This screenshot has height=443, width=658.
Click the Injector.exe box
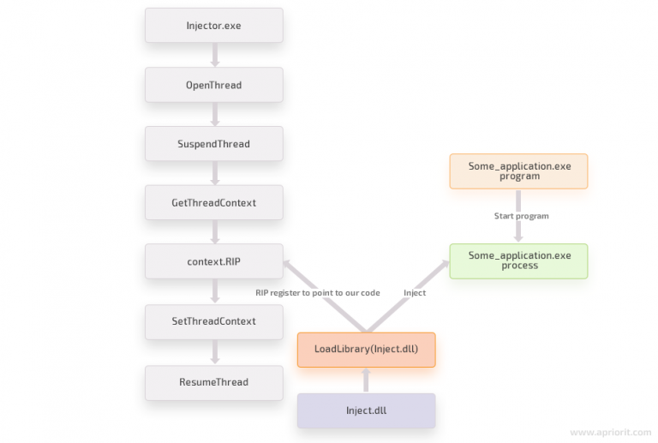click(x=213, y=26)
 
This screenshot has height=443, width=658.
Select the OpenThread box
click(x=213, y=85)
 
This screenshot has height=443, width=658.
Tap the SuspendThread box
click(x=213, y=144)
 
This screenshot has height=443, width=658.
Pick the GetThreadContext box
click(x=213, y=202)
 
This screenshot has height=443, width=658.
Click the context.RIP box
click(x=213, y=261)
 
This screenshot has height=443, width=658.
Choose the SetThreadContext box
click(x=213, y=321)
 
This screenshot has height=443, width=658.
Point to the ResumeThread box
click(x=213, y=382)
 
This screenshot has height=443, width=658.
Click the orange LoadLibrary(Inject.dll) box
click(x=366, y=350)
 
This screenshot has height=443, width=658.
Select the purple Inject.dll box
click(x=366, y=410)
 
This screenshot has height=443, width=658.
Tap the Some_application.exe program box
click(x=518, y=171)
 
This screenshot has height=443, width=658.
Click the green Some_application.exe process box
click(x=518, y=260)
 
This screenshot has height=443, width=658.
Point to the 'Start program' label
click(x=521, y=216)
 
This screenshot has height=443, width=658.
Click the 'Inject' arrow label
click(x=415, y=293)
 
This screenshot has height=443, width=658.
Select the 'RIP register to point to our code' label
click(x=317, y=293)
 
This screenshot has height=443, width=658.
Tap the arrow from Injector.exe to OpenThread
click(x=214, y=55)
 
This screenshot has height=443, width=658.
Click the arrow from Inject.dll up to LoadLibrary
click(x=366, y=380)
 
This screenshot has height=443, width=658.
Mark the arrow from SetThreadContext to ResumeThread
click(x=214, y=351)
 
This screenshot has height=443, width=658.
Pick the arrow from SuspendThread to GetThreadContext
click(x=214, y=173)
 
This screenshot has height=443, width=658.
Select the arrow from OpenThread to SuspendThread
click(x=214, y=114)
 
